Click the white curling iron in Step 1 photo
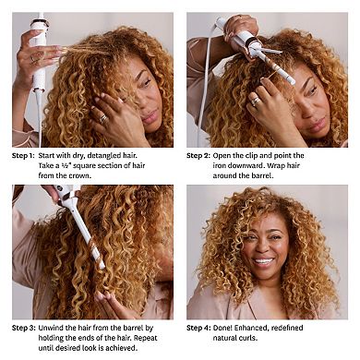(x=39, y=55)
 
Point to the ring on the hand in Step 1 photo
(x=102, y=118)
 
